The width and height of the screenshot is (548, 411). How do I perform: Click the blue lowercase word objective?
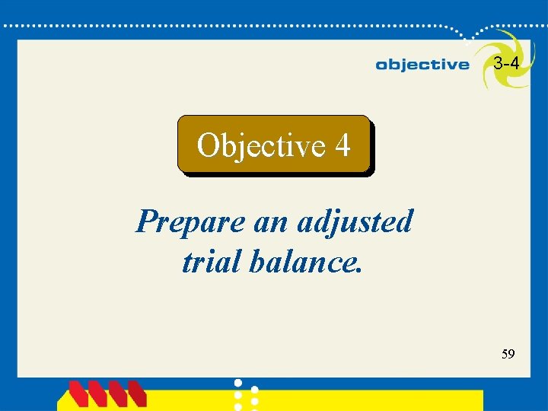pos(422,65)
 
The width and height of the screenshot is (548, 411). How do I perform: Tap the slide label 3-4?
pos(506,64)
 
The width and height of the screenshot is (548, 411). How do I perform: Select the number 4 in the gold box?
pos(342,145)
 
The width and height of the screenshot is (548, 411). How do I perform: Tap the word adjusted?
pos(355,222)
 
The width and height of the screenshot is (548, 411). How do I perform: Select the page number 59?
pos(508,354)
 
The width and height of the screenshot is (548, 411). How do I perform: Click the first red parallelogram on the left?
pos(79,394)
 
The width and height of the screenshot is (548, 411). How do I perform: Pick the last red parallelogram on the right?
pos(137,394)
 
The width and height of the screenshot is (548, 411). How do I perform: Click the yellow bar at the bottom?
pos(365,400)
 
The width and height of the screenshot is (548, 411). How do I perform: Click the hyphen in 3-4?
pos(506,65)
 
